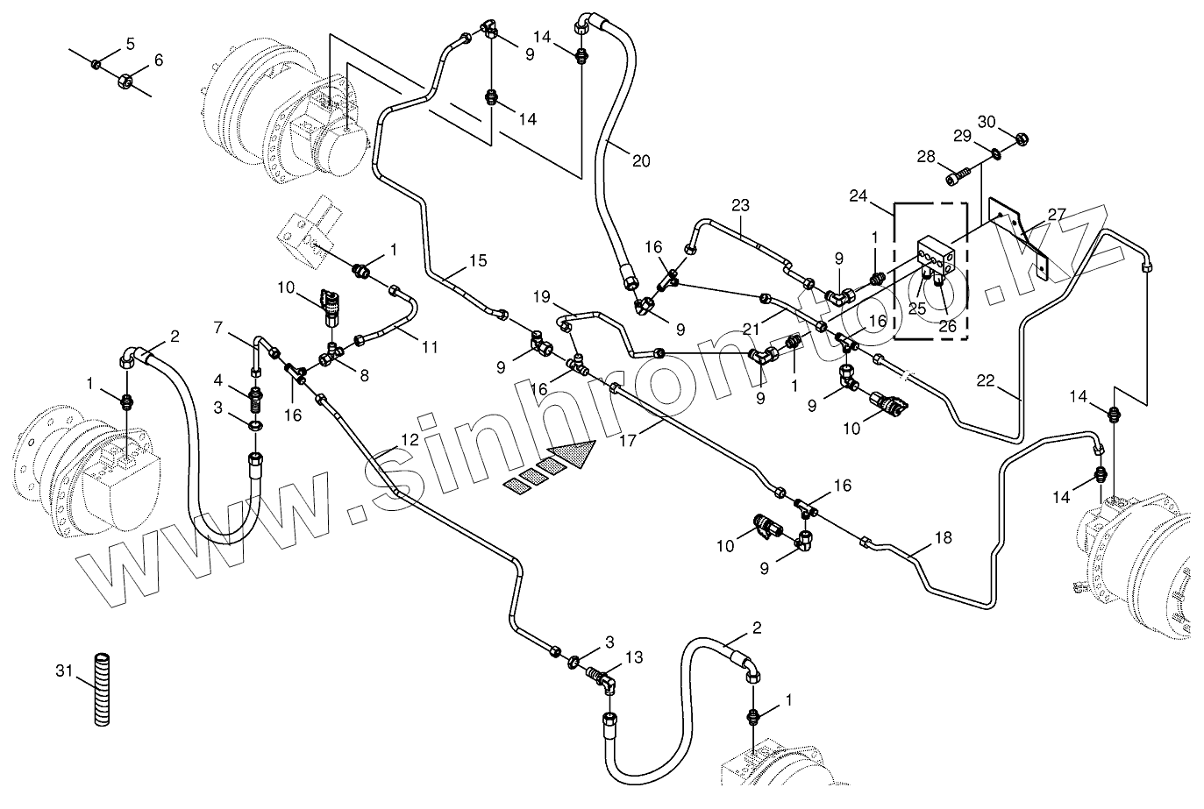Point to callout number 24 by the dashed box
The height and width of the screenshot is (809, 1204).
pyautogui.click(x=859, y=197)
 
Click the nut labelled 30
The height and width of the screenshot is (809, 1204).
pyautogui.click(x=1021, y=138)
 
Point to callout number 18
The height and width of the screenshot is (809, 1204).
pyautogui.click(x=943, y=538)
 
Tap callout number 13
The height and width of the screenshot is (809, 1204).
pyautogui.click(x=634, y=656)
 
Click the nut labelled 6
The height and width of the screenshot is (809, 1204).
pyautogui.click(x=125, y=81)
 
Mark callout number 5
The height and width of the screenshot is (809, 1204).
pyautogui.click(x=130, y=42)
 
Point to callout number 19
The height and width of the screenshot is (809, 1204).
pyautogui.click(x=541, y=296)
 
